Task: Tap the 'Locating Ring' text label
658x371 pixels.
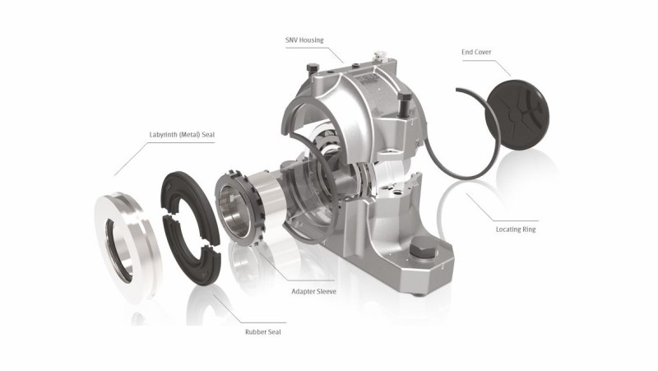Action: [x=515, y=229]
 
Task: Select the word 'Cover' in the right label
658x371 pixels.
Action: [x=488, y=51]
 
